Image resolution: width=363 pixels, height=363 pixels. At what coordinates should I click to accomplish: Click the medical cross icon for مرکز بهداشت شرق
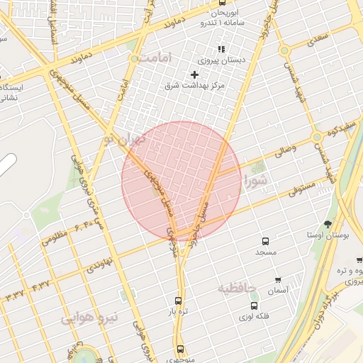195,74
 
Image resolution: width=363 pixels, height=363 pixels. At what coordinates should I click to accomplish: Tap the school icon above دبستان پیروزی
221,49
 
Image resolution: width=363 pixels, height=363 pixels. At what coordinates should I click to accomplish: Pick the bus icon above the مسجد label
266,241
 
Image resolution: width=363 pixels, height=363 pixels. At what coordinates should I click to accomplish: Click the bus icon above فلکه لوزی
254,306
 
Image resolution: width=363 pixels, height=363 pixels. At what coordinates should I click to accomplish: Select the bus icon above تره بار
177,301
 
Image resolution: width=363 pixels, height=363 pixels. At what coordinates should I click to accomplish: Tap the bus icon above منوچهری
180,349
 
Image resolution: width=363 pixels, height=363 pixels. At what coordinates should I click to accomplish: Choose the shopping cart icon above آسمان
277,280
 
